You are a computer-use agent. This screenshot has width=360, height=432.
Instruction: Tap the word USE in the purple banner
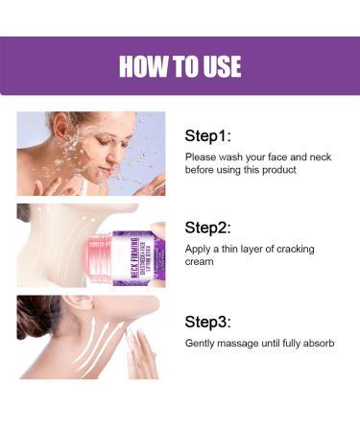[x=217, y=66]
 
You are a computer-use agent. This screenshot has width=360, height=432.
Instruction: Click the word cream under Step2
[x=201, y=262]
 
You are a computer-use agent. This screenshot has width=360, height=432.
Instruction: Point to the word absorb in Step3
[x=316, y=343]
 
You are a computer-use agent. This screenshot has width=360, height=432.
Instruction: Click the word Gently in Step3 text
[x=202, y=343]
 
